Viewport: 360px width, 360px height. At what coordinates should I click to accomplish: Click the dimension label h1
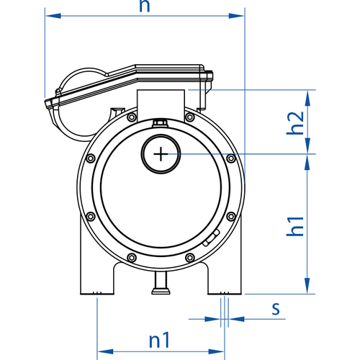pos(295,226)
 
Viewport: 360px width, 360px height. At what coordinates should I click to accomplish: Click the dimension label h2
pos(295,123)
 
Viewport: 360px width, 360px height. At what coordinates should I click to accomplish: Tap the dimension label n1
pos(159,340)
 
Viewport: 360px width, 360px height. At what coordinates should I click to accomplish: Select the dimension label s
pos(276,309)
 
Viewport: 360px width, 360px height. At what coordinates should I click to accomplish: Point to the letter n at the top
pos(145,6)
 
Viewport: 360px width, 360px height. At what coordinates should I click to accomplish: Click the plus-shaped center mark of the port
pos(161,154)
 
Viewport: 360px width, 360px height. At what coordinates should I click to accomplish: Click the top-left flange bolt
pos(132,117)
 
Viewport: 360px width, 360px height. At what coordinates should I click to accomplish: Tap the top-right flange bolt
pos(190,117)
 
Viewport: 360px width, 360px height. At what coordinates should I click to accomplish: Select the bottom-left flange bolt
pos(132,258)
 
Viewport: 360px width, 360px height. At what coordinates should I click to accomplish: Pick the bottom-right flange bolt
pos(190,258)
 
